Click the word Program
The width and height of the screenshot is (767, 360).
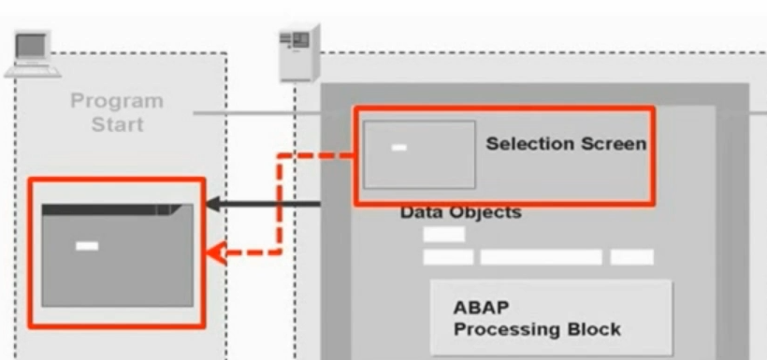(117, 100)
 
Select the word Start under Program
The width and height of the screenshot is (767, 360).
(116, 122)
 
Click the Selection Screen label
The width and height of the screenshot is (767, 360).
(566, 144)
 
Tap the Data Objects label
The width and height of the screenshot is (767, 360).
(460, 212)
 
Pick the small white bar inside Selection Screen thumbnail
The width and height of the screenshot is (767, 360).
(399, 148)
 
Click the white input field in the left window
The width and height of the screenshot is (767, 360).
(87, 246)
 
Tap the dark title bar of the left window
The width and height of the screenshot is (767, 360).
(103, 210)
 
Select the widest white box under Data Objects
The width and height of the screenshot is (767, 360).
(541, 256)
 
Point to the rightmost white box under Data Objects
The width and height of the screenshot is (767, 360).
(632, 256)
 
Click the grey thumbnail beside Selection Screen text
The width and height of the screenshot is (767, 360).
(419, 154)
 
